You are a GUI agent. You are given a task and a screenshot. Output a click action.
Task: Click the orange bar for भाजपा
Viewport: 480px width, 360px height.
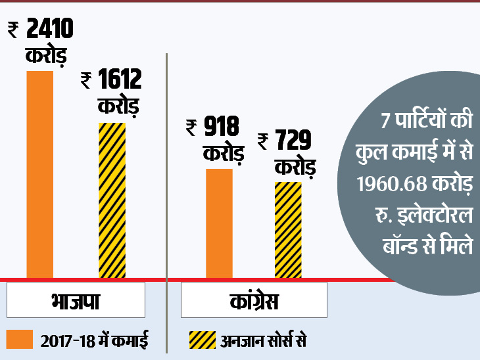(x=39, y=174)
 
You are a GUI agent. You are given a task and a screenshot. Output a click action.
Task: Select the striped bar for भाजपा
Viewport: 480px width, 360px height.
(x=112, y=200)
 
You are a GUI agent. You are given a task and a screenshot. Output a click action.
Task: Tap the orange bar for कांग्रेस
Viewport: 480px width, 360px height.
(x=219, y=223)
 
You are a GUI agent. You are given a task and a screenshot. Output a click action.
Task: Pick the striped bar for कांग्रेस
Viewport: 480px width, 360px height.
(x=288, y=230)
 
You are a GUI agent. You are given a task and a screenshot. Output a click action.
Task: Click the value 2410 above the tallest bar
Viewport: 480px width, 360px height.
(x=50, y=30)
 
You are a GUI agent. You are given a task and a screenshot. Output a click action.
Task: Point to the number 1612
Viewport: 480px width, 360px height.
(x=119, y=81)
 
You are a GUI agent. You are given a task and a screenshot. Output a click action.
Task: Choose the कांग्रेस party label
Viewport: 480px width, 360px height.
(x=249, y=303)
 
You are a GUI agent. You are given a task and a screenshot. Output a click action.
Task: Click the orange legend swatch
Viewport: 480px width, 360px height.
(x=19, y=340)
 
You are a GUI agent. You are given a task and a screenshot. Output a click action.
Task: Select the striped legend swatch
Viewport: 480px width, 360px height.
(x=202, y=340)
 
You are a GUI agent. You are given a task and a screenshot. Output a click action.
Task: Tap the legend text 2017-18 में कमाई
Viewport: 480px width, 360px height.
(x=94, y=340)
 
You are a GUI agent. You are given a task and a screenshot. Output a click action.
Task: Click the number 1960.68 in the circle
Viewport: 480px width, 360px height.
(x=386, y=185)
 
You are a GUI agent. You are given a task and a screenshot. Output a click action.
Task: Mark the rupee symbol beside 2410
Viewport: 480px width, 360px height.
(x=13, y=30)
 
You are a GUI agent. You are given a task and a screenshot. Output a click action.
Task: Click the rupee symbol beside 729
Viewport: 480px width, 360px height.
(x=262, y=139)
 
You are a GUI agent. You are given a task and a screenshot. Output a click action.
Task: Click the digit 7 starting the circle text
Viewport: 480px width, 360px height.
(x=385, y=122)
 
